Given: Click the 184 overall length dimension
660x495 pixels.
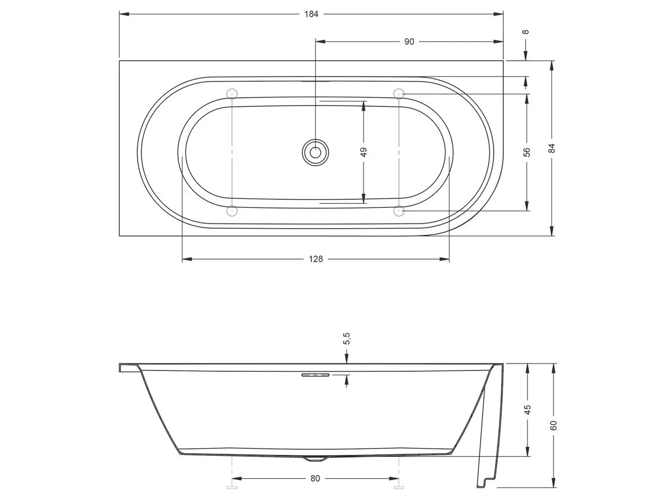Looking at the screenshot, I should click(311, 14).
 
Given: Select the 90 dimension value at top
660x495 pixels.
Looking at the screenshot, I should click(409, 42).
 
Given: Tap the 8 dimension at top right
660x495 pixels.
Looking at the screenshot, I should click(526, 32).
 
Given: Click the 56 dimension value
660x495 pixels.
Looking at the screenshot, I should click(527, 152).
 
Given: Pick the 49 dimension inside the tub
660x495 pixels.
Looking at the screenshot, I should click(364, 152).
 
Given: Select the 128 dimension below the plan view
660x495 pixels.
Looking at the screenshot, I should click(316, 259).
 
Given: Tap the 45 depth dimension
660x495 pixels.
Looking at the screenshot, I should click(527, 410).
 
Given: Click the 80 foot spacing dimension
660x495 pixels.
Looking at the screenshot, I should click(315, 478).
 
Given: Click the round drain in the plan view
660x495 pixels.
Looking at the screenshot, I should click(316, 153).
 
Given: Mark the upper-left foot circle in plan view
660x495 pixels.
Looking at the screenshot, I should click(232, 93).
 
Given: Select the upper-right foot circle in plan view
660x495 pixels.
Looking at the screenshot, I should click(399, 93).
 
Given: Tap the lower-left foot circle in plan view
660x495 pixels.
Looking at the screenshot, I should click(232, 211).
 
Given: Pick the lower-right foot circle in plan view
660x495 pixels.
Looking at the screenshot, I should click(399, 211).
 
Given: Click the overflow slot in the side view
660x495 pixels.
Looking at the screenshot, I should click(315, 375).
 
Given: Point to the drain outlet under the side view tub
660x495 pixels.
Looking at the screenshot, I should click(316, 459).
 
